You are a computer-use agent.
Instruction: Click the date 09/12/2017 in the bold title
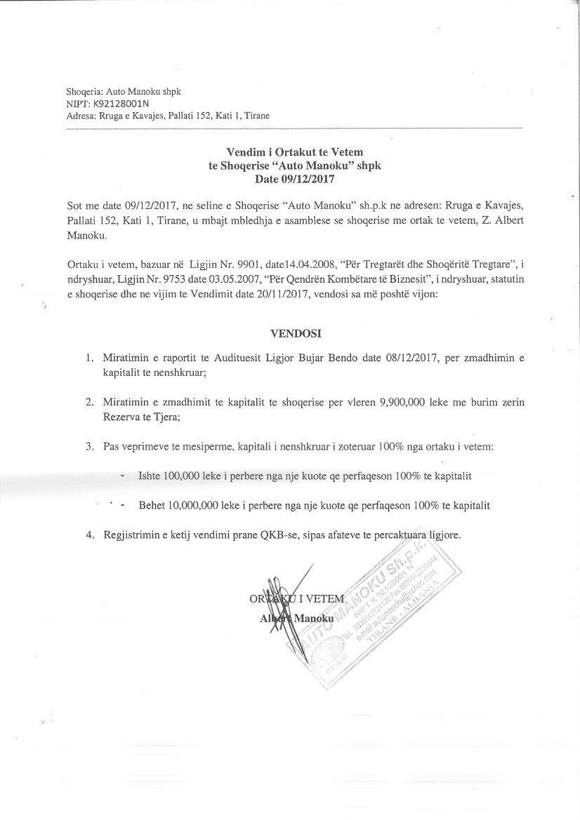pyautogui.click(x=308, y=179)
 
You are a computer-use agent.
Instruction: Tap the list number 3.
pyautogui.click(x=89, y=446)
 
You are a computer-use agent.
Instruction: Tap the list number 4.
pyautogui.click(x=89, y=535)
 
